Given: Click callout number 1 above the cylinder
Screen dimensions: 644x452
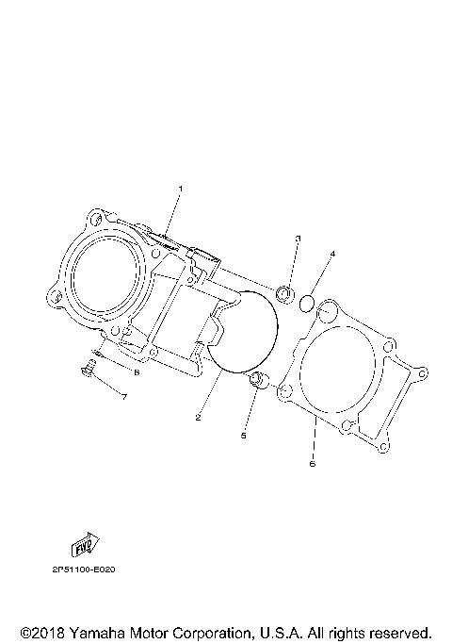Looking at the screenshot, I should coord(181,189).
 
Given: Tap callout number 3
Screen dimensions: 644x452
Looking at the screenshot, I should coord(297,239).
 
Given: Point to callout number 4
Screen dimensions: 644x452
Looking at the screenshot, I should coord(331,255).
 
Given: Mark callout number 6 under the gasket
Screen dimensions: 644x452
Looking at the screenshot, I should coord(313,464).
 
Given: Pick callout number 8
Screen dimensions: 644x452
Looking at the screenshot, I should coord(136,372).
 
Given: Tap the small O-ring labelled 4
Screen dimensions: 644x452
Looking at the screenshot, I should coord(305,303).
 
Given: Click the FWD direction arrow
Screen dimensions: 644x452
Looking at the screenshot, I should coord(86,544).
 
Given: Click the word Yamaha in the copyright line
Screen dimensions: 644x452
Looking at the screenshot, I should coord(95,632).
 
